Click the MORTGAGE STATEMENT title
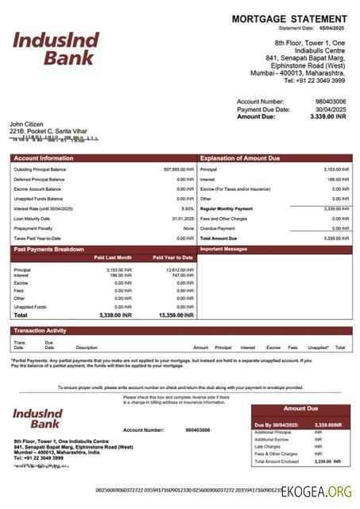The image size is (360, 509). (289, 18)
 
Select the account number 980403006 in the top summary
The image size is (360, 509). (330, 102)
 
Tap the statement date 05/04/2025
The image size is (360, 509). (334, 28)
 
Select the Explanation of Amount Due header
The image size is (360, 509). (240, 158)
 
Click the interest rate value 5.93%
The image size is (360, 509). (188, 208)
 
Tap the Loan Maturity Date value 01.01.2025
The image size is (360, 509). (183, 218)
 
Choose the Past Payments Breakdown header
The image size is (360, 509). (48, 250)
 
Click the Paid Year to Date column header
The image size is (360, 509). (172, 258)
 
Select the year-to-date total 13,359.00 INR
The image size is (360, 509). (176, 316)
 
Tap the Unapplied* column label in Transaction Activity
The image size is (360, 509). (318, 348)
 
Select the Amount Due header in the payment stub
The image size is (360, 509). (300, 409)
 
